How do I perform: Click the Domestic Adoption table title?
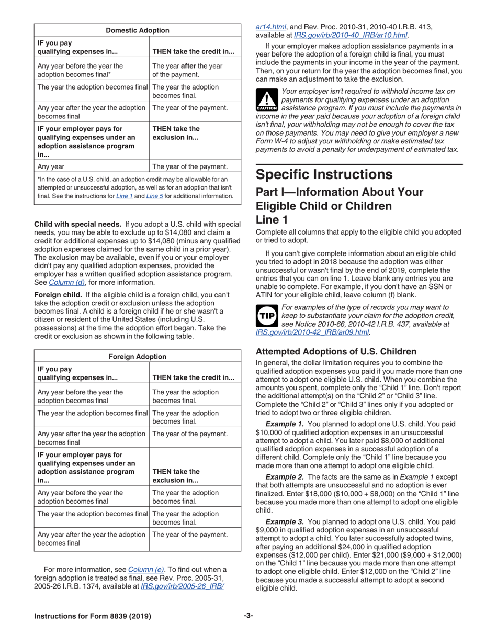[138, 30]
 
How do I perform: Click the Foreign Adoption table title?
[138, 357]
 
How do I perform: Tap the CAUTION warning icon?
[266, 99]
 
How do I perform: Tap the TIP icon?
[266, 316]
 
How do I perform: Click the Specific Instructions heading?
[324, 174]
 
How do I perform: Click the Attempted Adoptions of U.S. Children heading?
[336, 351]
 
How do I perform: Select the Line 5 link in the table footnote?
[154, 196]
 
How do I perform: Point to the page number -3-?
[248, 616]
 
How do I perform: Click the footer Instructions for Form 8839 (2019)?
[93, 616]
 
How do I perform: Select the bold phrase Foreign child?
[58, 295]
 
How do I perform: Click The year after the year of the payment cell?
[187, 70]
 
